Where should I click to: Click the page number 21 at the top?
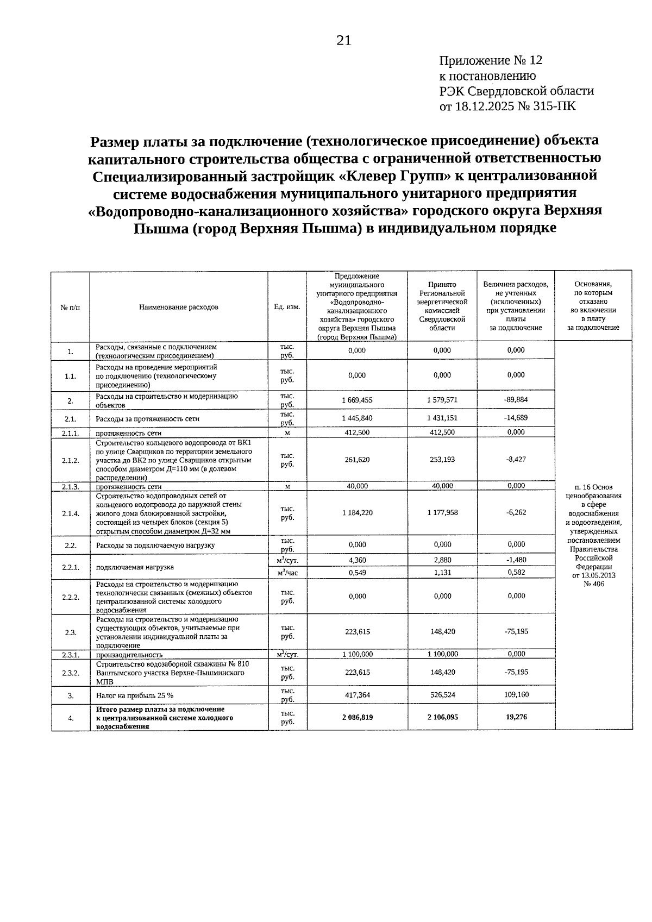click(344, 41)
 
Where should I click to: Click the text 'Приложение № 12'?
click(491, 61)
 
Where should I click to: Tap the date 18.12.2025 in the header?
click(485, 106)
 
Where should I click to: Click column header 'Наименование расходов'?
click(179, 307)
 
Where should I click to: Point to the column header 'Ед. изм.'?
click(287, 307)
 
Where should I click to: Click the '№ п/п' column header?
click(70, 307)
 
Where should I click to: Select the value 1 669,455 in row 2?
click(357, 400)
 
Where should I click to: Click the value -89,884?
click(515, 399)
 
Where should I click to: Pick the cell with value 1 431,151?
click(442, 418)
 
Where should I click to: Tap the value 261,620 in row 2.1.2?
click(357, 460)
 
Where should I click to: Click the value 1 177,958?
click(442, 512)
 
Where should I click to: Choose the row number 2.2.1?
click(71, 567)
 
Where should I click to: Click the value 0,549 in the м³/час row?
click(357, 573)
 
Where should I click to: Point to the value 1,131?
click(442, 573)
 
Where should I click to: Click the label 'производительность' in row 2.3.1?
click(129, 655)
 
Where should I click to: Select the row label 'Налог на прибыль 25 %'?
click(135, 695)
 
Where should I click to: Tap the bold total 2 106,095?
click(442, 717)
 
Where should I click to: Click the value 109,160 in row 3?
click(516, 694)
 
